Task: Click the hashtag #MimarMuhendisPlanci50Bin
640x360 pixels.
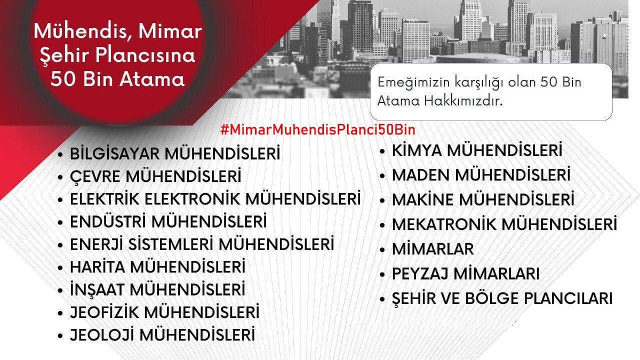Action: pos(317,130)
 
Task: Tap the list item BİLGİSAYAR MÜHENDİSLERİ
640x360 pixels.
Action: pos(175,155)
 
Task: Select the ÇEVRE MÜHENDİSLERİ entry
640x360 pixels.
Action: pos(156,177)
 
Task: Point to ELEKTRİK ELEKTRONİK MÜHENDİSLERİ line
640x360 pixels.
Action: pos(215,199)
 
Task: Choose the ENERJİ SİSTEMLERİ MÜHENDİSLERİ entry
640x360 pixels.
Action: pos(202,245)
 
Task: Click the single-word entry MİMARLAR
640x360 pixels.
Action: pos(433,249)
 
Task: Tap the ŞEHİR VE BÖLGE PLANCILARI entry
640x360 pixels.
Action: pos(501,299)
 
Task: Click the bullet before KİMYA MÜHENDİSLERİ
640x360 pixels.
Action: pos(382,151)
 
